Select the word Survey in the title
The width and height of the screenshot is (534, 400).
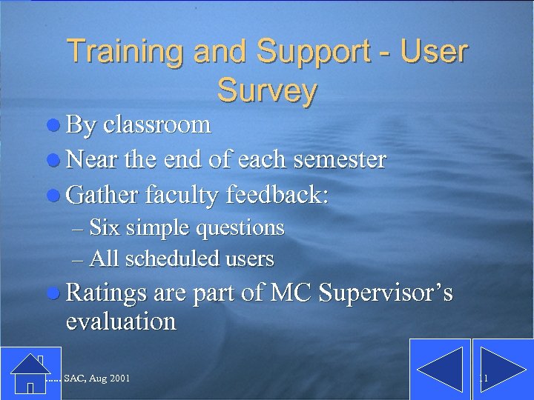click(267, 90)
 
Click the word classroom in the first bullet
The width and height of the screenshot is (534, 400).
click(157, 124)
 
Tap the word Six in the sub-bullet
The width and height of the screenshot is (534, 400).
click(105, 227)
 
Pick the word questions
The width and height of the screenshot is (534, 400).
click(240, 228)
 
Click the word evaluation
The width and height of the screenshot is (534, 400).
click(121, 321)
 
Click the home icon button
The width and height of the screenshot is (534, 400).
click(30, 373)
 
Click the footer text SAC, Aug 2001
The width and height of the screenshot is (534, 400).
click(97, 379)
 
